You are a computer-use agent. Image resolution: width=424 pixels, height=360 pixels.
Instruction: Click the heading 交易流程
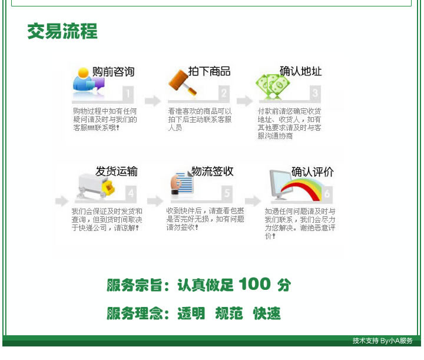62,31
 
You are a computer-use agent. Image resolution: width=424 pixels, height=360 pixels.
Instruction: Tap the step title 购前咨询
113,72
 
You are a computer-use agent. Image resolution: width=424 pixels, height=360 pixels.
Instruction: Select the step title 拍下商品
209,71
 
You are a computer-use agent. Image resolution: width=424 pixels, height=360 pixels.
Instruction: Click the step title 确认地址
300,71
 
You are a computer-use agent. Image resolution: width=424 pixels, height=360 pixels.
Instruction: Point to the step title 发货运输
117,171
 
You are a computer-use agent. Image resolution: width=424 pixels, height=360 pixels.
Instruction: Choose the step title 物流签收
212,171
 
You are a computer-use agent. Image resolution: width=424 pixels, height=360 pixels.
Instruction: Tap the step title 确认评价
312,171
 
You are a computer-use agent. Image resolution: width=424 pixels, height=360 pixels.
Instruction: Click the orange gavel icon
183,82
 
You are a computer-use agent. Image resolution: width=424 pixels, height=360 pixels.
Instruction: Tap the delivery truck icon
96,186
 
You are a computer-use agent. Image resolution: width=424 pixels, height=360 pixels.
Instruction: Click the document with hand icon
182,183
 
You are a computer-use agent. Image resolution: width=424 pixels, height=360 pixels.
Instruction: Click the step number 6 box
327,194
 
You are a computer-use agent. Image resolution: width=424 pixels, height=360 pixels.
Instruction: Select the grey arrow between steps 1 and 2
153,101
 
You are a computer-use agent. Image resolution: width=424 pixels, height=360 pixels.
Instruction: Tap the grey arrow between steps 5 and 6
253,201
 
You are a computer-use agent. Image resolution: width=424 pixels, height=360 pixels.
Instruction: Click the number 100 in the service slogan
254,284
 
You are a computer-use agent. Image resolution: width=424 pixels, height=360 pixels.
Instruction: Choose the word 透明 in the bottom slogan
191,313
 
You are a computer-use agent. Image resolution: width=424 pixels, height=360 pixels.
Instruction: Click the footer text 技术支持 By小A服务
382,341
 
